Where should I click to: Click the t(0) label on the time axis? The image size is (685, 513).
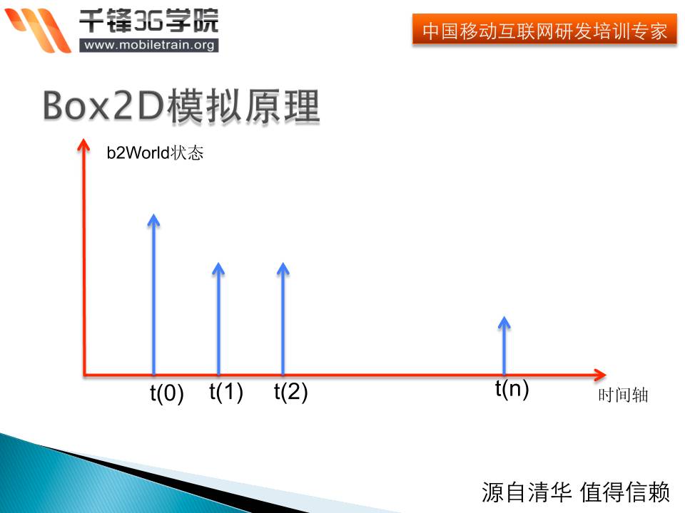tap(167, 393)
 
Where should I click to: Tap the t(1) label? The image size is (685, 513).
tap(226, 392)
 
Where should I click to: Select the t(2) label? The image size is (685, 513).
tap(290, 392)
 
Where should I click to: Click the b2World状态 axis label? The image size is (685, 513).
tap(155, 153)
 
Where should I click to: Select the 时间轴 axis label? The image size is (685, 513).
tap(623, 395)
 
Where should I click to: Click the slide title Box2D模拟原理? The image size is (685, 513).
tap(181, 106)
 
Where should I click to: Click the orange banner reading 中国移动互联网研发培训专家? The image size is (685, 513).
tap(544, 31)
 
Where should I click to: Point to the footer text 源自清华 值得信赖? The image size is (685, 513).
tap(576, 492)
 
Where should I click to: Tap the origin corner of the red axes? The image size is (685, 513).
tap(85, 373)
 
